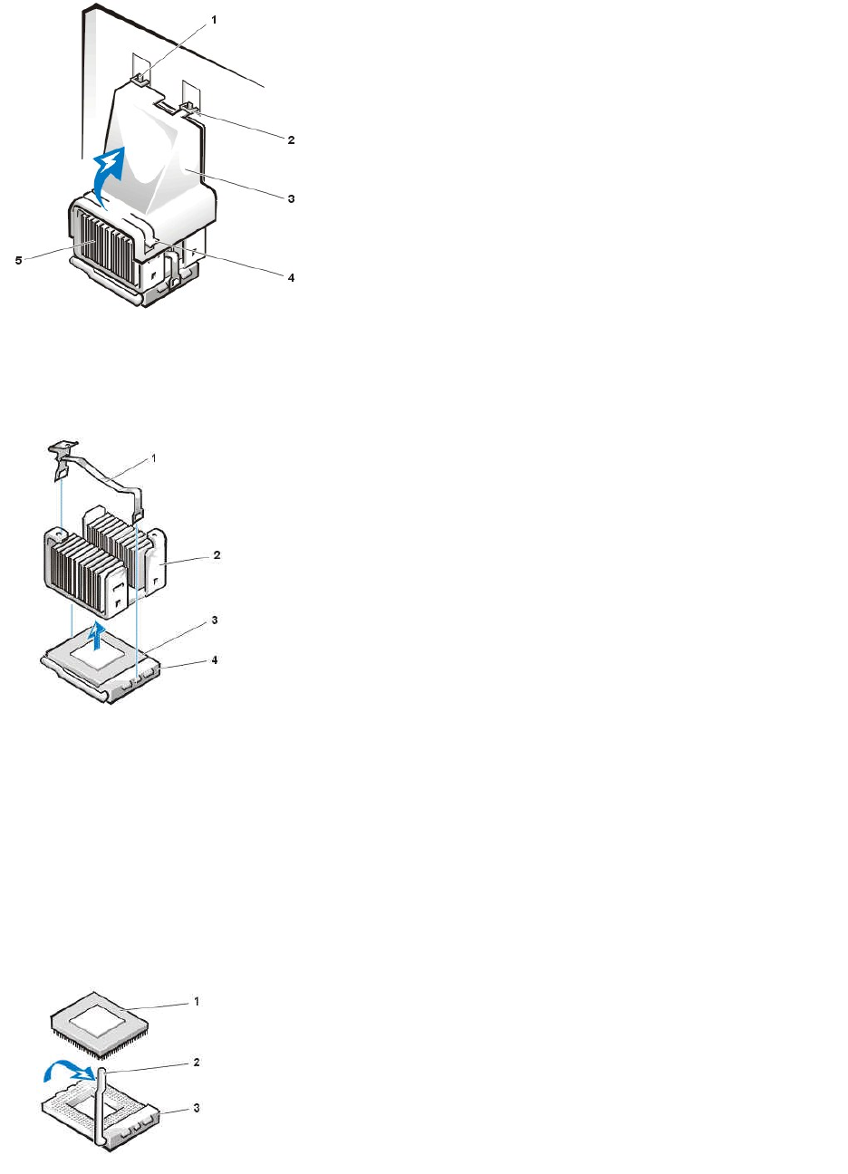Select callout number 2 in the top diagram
coord(291,140)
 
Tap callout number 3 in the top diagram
coord(291,198)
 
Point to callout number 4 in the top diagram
coord(291,277)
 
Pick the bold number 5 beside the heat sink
coord(18,260)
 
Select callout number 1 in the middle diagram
coord(152,459)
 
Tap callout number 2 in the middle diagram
coord(216,554)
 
